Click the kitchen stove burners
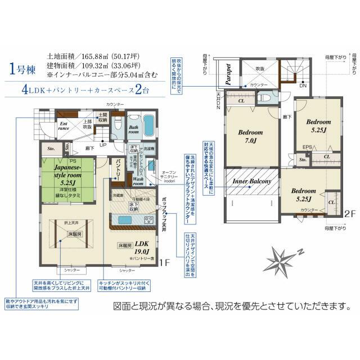[148, 219]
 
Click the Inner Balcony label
[252, 182]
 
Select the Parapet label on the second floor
[228, 73]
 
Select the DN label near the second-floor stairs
[302, 85]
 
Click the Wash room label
[139, 180]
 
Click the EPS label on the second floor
[307, 148]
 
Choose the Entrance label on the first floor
[63, 127]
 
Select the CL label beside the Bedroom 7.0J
[241, 101]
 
